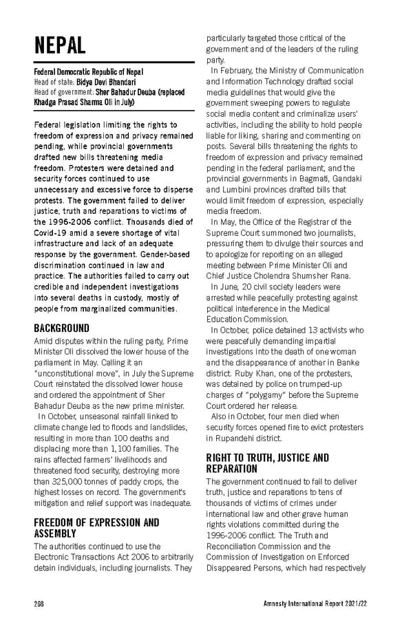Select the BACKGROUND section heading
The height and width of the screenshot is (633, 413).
[61, 328]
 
